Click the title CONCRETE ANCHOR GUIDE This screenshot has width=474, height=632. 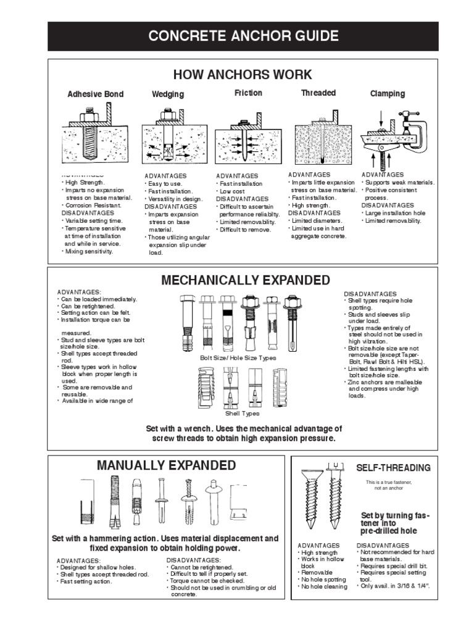[x=243, y=35]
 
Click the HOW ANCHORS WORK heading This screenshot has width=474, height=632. [x=243, y=75]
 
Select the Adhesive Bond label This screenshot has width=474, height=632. [x=95, y=94]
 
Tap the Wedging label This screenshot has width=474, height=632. [x=168, y=94]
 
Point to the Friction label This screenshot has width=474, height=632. [x=248, y=93]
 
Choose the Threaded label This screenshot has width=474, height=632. [x=318, y=93]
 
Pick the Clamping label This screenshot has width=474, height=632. [x=388, y=94]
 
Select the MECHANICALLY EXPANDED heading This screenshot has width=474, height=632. [x=246, y=281]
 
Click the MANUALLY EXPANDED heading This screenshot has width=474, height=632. [x=166, y=465]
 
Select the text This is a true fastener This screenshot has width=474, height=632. [x=388, y=481]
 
